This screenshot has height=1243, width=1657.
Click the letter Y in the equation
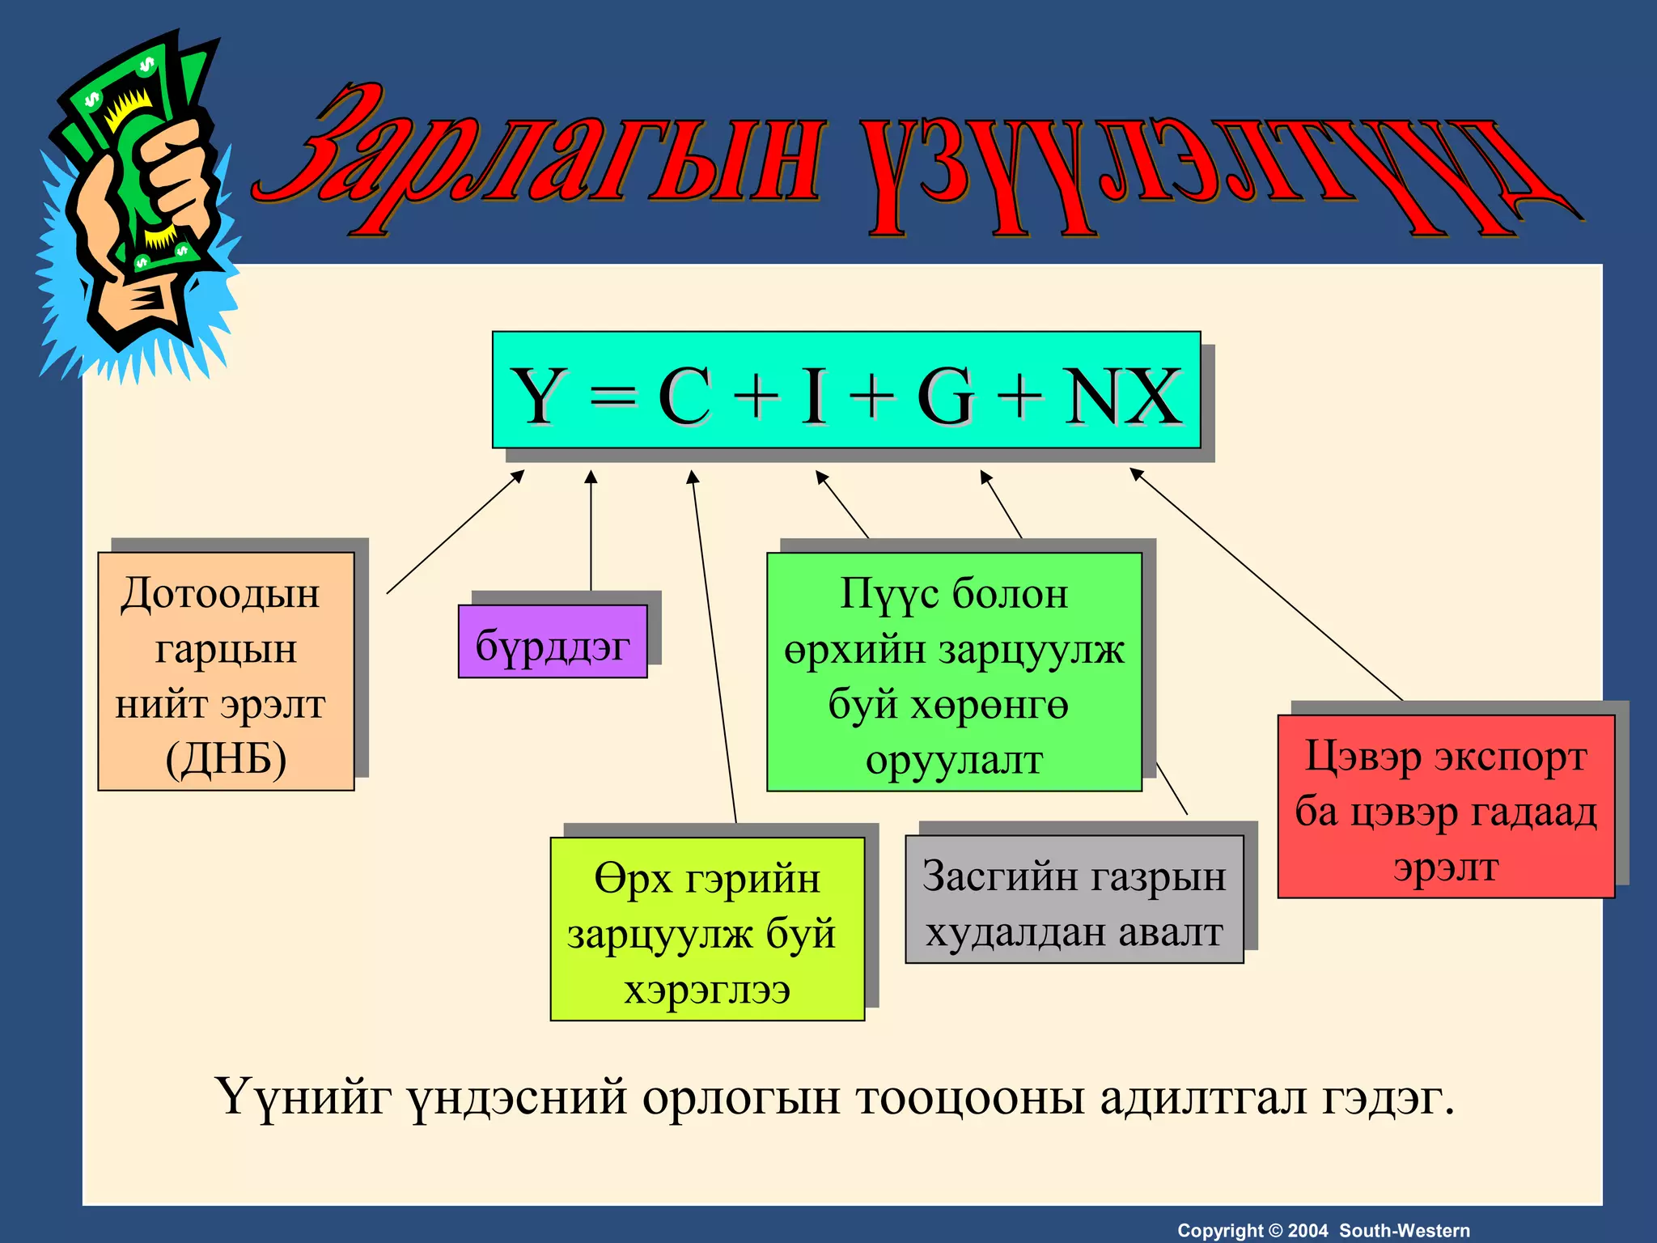pyautogui.click(x=538, y=396)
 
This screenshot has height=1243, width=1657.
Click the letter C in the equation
pyautogui.click(x=684, y=396)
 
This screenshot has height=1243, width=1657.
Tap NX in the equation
pyautogui.click(x=1123, y=396)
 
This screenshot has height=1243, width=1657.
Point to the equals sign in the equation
pyautogui.click(x=612, y=397)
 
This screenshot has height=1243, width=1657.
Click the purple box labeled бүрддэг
pyautogui.click(x=553, y=644)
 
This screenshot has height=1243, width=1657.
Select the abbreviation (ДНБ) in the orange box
pyautogui.click(x=226, y=759)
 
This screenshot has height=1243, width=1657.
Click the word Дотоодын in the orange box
pyautogui.click(x=220, y=593)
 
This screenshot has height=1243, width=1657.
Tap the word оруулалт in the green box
pyautogui.click(x=954, y=760)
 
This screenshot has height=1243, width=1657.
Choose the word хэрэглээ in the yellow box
pyautogui.click(x=706, y=989)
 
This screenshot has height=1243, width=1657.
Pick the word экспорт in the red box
pyautogui.click(x=1511, y=757)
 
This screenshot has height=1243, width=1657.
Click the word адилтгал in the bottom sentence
pyautogui.click(x=1202, y=1098)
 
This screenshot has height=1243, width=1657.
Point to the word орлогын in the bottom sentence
pyautogui.click(x=741, y=1099)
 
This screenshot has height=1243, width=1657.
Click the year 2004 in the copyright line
pyautogui.click(x=1307, y=1231)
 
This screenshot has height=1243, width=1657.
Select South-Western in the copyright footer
pyautogui.click(x=1405, y=1231)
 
